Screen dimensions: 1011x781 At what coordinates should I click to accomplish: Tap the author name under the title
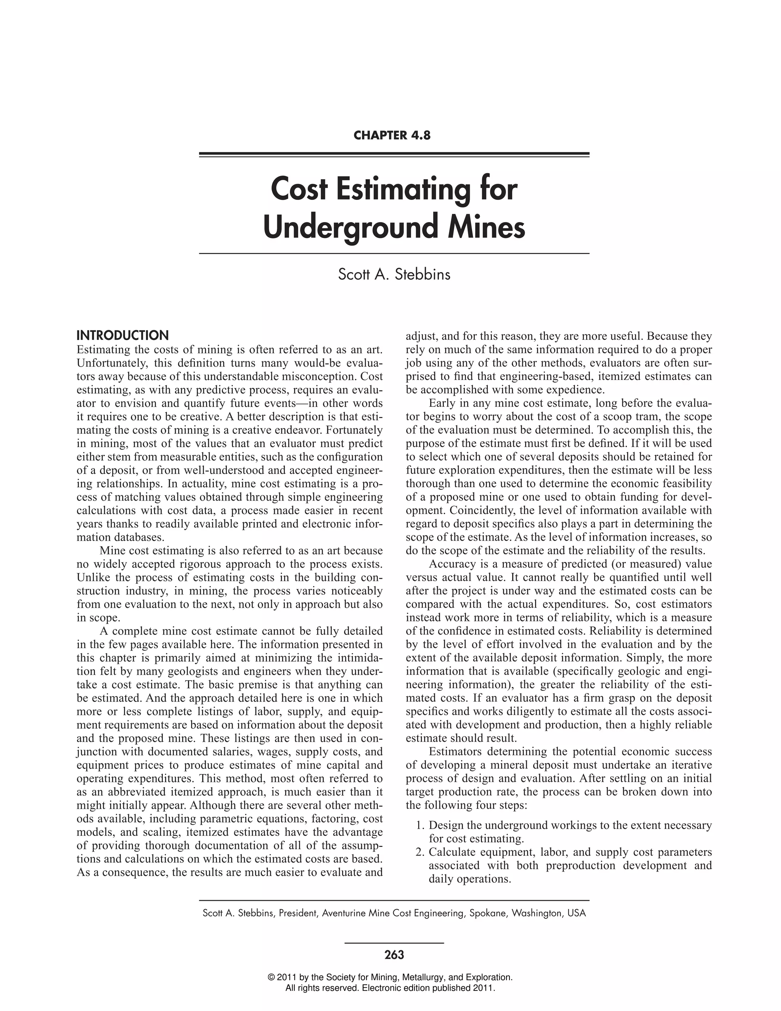[394, 275]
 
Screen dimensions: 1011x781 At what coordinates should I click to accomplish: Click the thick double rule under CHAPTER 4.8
[394, 155]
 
